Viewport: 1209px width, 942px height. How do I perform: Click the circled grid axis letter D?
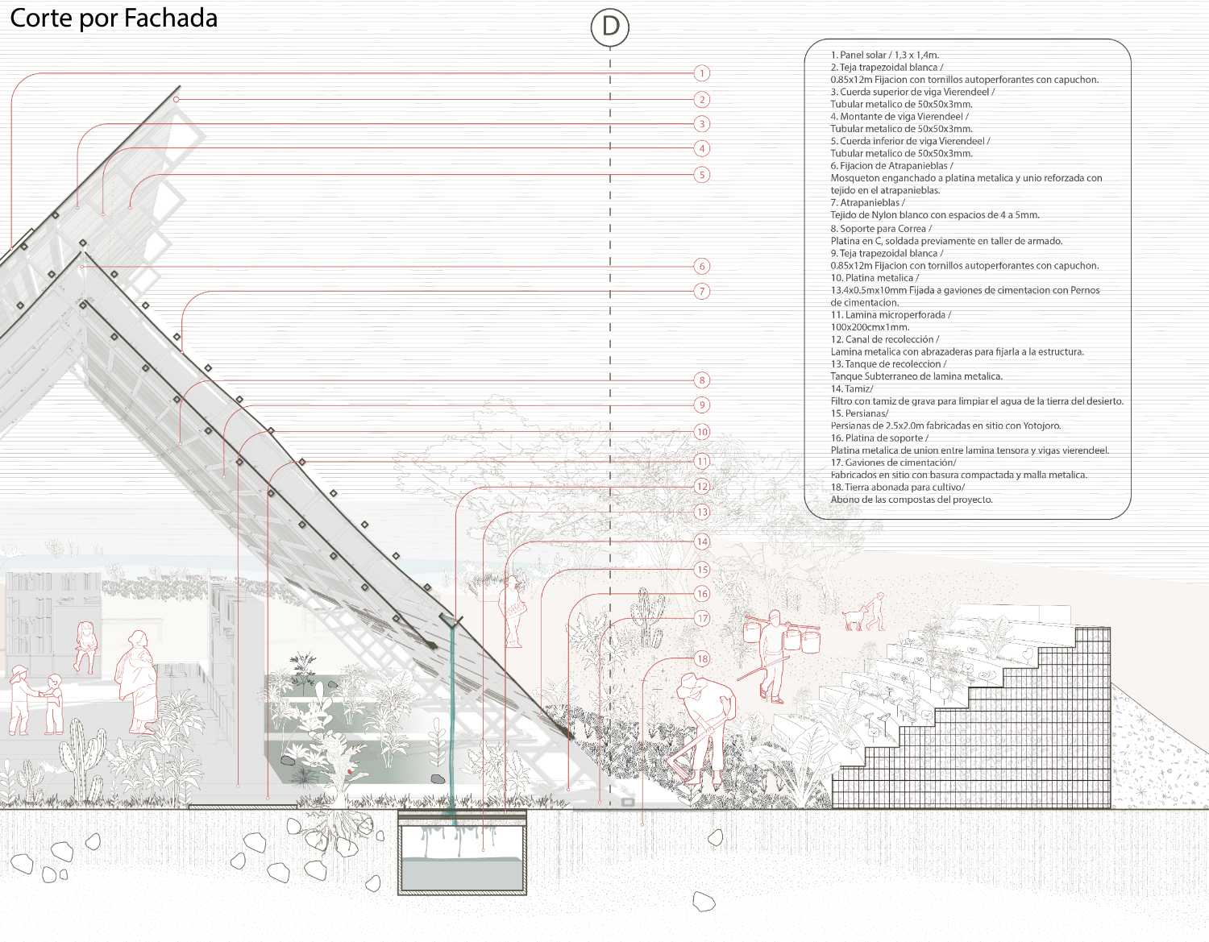pos(610,27)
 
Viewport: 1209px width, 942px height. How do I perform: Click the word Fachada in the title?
pos(170,19)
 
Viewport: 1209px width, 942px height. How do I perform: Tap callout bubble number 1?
pos(701,73)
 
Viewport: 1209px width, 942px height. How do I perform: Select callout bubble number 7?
pos(701,291)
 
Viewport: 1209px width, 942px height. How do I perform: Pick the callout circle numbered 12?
pos(702,487)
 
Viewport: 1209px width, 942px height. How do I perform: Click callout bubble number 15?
pos(702,570)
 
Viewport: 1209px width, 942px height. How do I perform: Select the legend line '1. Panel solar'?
pos(885,55)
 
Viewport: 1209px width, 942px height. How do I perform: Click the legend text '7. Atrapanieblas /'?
pos(867,203)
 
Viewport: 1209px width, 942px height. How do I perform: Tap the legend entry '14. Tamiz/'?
pos(852,388)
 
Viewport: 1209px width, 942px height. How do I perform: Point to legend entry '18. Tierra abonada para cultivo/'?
pos(897,488)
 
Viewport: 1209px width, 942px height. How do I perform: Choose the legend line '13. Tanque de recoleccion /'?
pos(888,364)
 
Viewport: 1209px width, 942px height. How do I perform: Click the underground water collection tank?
pos(462,853)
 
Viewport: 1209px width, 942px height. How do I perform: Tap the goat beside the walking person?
pos(853,619)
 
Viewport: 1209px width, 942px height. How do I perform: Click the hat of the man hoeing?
pos(689,686)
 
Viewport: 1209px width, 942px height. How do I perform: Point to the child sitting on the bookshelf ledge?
pos(85,646)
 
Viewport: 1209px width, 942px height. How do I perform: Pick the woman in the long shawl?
pos(137,683)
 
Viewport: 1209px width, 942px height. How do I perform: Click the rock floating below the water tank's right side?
pos(704,902)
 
